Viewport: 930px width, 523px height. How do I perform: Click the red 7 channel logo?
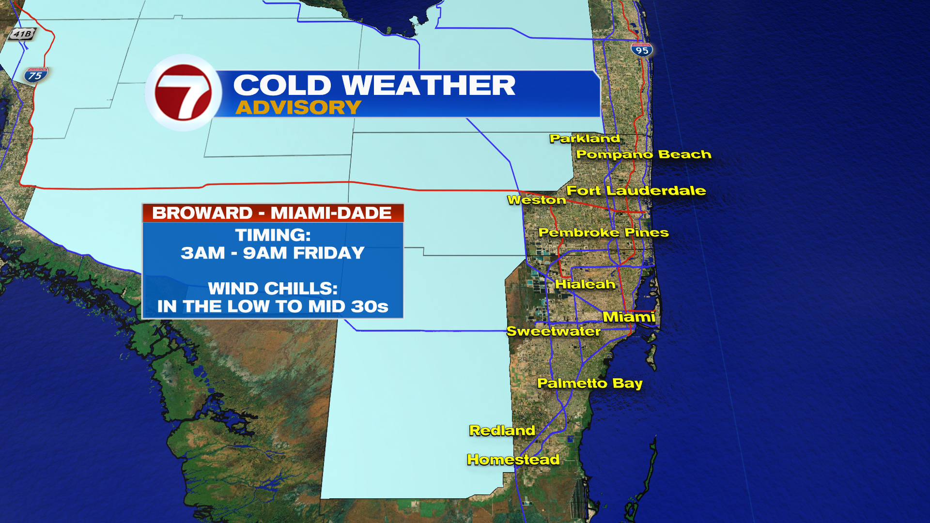(x=183, y=92)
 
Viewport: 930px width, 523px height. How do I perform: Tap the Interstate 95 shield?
(x=642, y=50)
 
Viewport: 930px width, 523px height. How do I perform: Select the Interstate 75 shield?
(x=35, y=75)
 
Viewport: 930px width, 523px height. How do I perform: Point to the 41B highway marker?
(x=22, y=34)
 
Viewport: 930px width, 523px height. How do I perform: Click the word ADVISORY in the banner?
(x=298, y=108)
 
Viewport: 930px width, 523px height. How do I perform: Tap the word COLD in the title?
(x=282, y=86)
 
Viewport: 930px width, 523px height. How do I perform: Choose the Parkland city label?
(x=585, y=138)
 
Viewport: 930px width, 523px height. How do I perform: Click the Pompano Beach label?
(x=643, y=154)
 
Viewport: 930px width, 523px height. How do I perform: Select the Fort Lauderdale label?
(x=635, y=191)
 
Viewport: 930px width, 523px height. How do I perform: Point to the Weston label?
(x=536, y=200)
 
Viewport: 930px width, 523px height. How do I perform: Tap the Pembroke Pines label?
(x=603, y=232)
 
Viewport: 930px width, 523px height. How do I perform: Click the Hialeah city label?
(x=585, y=284)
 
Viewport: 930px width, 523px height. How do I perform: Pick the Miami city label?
(x=629, y=317)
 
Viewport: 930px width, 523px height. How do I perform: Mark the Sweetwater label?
(x=553, y=331)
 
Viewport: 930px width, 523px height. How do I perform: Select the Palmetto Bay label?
(x=589, y=384)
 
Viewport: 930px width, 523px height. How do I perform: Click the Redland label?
(x=502, y=431)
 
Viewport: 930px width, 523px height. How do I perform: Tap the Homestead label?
(x=513, y=460)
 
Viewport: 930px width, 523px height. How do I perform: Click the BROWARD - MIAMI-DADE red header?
(x=272, y=213)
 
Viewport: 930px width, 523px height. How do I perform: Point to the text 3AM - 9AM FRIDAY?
(x=272, y=253)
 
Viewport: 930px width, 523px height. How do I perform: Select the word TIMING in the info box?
(x=272, y=235)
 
